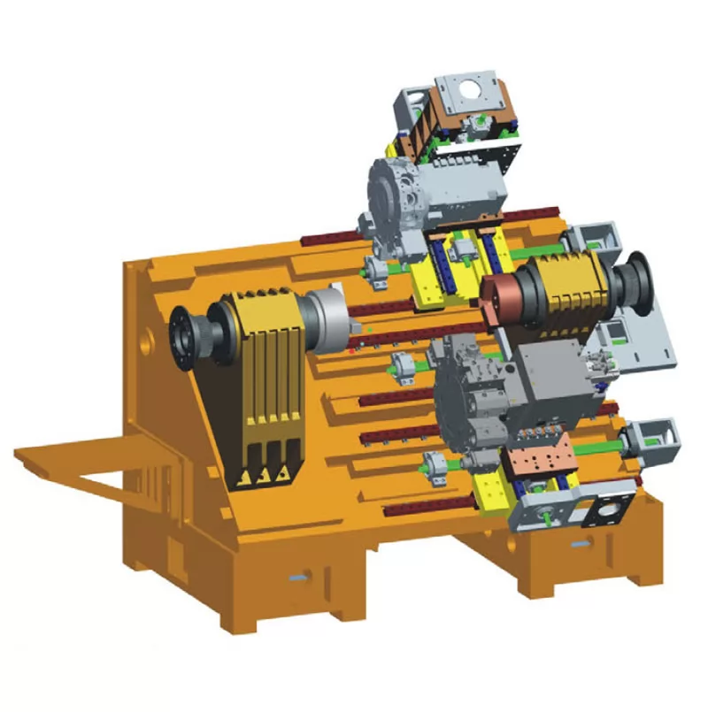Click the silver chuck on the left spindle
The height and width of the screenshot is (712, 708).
pyautogui.click(x=325, y=319)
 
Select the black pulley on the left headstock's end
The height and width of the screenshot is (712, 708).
pyautogui.click(x=189, y=339)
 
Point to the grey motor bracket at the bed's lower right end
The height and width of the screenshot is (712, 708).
pyautogui.click(x=650, y=438)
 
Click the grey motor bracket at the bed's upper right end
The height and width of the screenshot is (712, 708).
pyautogui.click(x=591, y=239)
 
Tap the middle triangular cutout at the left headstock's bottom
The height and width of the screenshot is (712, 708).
pyautogui.click(x=262, y=477)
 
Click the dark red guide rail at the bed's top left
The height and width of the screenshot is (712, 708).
pyautogui.click(x=332, y=238)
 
